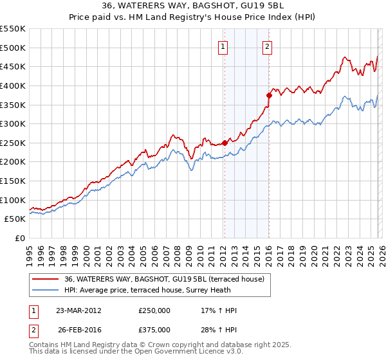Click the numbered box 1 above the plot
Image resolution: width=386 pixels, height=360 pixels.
pyautogui.click(x=223, y=46)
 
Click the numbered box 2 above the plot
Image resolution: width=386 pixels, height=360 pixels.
pyautogui.click(x=267, y=46)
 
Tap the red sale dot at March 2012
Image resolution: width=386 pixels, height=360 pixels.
pyautogui.click(x=225, y=143)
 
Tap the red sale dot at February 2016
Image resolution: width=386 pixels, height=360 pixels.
pyautogui.click(x=269, y=95)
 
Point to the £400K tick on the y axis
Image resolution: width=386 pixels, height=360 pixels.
pyautogui.click(x=13, y=85)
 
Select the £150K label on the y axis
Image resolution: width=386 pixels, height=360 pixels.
pyautogui.click(x=13, y=181)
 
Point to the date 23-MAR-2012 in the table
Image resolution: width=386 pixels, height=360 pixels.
pyautogui.click(x=75, y=310)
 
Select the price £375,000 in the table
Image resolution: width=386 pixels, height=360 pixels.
pyautogui.click(x=154, y=330)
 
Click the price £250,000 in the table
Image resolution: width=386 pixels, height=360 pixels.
pyautogui.click(x=154, y=310)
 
